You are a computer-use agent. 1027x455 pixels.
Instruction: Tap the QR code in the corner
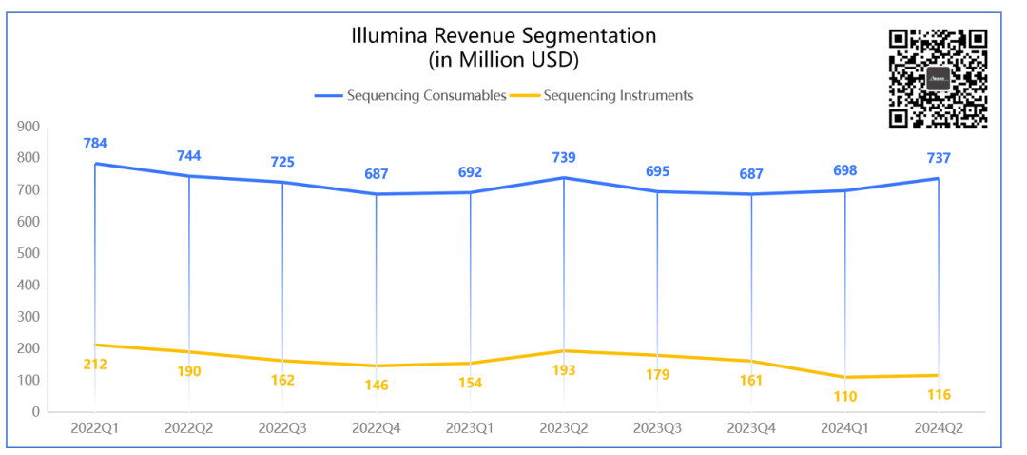[938, 78]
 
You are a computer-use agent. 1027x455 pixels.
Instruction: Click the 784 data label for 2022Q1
[95, 144]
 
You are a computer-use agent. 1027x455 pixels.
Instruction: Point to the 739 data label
[564, 157]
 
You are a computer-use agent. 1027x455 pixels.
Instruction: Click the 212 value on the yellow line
[95, 364]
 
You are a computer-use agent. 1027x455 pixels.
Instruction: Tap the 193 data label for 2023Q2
[564, 369]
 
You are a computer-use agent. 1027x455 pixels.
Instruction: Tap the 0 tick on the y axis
[34, 412]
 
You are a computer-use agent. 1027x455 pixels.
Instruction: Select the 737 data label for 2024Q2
[939, 158]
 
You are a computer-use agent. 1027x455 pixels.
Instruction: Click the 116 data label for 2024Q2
[939, 394]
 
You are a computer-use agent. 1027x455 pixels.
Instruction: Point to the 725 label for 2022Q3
[282, 162]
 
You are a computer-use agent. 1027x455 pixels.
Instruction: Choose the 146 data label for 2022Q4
[376, 385]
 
